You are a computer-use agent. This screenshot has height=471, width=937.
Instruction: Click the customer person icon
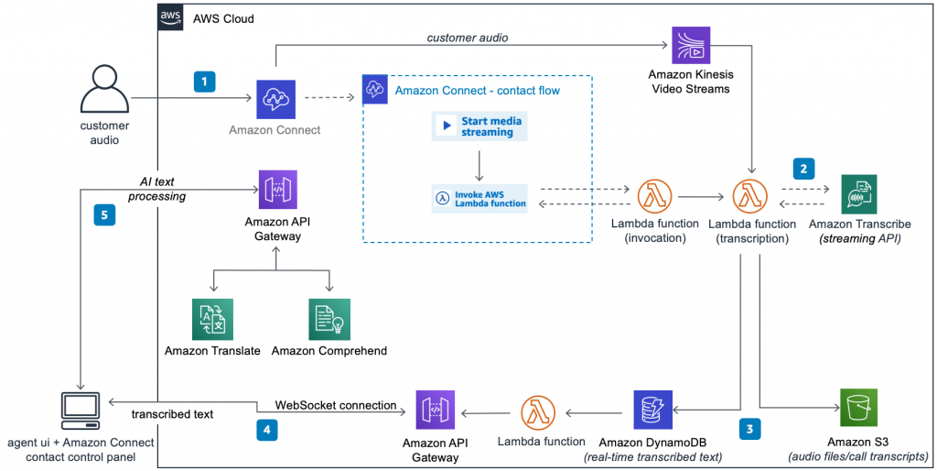pyautogui.click(x=104, y=89)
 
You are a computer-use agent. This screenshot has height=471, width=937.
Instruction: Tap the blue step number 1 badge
pyautogui.click(x=204, y=82)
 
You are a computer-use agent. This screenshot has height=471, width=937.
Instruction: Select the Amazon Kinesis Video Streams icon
pyautogui.click(x=691, y=45)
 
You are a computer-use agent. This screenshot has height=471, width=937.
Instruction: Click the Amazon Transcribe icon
pyautogui.click(x=858, y=194)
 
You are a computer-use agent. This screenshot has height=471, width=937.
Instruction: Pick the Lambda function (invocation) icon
pyautogui.click(x=654, y=196)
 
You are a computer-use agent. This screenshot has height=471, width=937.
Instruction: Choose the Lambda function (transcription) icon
pyautogui.click(x=750, y=196)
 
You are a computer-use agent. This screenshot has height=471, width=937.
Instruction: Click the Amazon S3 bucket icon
pyautogui.click(x=858, y=408)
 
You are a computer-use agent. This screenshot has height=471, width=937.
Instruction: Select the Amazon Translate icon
pyautogui.click(x=212, y=319)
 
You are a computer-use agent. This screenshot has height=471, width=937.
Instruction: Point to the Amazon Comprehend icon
pyautogui.click(x=329, y=319)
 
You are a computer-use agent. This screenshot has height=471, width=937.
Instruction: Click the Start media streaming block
pyautogui.click(x=479, y=126)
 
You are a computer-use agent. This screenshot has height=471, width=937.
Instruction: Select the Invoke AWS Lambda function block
pyautogui.click(x=479, y=199)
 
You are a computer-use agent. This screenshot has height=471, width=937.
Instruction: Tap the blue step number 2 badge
pyautogui.click(x=803, y=170)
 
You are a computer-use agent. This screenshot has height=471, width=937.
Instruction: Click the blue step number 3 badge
pyautogui.click(x=750, y=429)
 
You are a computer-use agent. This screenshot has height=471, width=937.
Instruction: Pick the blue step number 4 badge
pyautogui.click(x=267, y=430)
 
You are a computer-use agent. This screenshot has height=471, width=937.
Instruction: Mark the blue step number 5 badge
pyautogui.click(x=104, y=214)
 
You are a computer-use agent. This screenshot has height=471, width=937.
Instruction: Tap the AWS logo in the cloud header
pyautogui.click(x=170, y=18)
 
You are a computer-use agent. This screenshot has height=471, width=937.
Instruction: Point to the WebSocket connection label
pyautogui.click(x=336, y=405)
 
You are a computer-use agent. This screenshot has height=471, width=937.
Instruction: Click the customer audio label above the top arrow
pyautogui.click(x=468, y=38)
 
